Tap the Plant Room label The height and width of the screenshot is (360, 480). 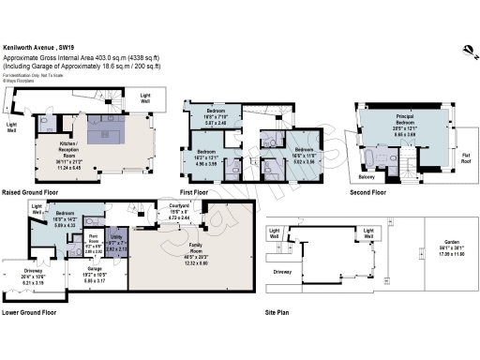point(95,237)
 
